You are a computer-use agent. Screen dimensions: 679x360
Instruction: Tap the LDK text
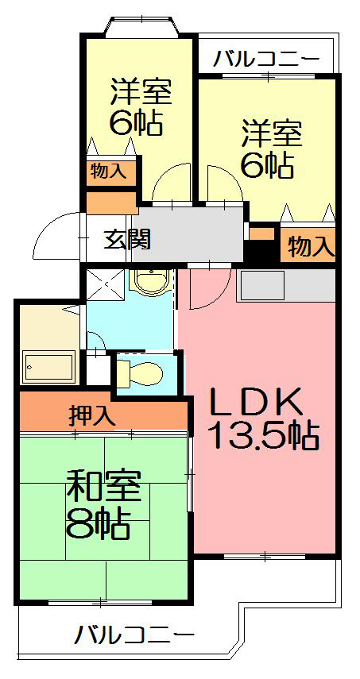coord(255,403)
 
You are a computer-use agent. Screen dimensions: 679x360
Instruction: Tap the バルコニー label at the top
coord(267,59)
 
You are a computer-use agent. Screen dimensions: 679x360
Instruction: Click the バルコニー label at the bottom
coord(135,635)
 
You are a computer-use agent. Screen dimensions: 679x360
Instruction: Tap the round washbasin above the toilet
coord(150,283)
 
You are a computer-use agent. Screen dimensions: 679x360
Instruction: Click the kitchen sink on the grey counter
coord(261,284)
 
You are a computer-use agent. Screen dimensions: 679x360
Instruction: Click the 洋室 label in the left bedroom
coord(140,93)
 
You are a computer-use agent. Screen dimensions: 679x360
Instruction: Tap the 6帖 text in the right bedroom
coord(269,165)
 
